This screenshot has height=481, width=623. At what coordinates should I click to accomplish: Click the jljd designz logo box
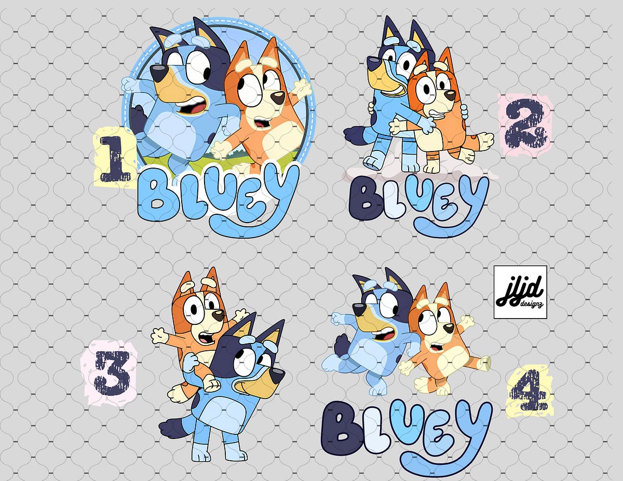tap(520, 292)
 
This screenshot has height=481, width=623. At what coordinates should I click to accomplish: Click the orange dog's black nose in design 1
tap(279, 98)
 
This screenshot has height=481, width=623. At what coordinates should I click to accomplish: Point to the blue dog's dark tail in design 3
tap(174, 427)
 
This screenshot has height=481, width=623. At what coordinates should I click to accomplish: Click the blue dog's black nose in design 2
tap(373, 64)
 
